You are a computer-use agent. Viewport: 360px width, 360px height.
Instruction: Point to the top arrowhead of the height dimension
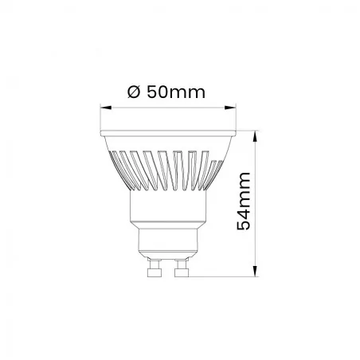(x=256, y=135)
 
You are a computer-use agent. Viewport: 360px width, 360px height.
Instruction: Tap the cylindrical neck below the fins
(x=169, y=209)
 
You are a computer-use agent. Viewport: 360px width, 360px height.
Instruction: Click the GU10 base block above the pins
(x=169, y=241)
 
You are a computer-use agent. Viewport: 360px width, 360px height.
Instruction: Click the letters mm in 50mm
(x=190, y=92)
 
